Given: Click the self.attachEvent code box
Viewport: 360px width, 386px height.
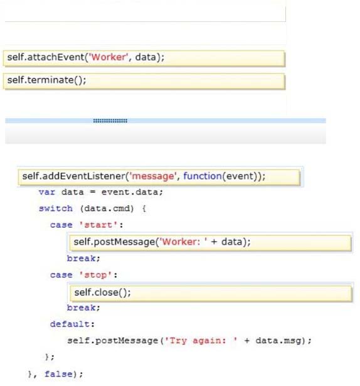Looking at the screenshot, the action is (x=144, y=58).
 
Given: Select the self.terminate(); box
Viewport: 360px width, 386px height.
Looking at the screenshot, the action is (x=144, y=81).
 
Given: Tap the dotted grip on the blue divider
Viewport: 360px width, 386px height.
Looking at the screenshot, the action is (x=110, y=121).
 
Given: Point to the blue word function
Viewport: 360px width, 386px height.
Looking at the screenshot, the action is (x=203, y=176).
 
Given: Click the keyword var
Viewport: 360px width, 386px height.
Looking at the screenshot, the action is (x=47, y=192).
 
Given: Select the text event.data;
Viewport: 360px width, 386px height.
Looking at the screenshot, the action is (x=132, y=192).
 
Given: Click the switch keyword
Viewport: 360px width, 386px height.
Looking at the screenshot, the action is (x=56, y=208).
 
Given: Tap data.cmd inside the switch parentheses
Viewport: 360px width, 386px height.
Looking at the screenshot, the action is (x=107, y=208).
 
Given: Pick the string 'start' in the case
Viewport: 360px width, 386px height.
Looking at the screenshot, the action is (x=98, y=225).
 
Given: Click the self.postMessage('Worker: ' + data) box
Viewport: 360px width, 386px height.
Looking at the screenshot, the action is (x=210, y=243).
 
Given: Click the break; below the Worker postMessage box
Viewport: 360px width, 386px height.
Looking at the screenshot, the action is (x=83, y=259).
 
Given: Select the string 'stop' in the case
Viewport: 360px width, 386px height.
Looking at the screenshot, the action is (x=95, y=275).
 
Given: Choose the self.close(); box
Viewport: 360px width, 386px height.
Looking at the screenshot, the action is (x=211, y=293).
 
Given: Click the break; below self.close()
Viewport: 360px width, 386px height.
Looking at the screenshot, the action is (x=83, y=308).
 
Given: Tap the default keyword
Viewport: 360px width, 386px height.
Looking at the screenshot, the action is (x=70, y=324).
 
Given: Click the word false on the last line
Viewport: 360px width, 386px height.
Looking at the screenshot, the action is (x=58, y=374).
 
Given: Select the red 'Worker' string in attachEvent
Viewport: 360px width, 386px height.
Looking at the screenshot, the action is (x=109, y=57).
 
